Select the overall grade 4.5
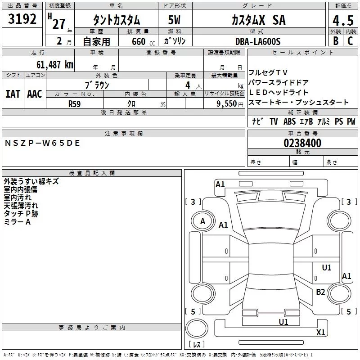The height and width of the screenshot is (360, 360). pos(343,20)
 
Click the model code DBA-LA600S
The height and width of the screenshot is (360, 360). pos(257,41)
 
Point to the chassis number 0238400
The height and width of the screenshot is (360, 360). pos(302,144)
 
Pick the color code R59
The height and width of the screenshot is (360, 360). pos(74,103)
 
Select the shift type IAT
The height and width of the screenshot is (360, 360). pos(13,94)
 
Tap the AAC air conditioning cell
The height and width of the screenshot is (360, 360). pos(35,94)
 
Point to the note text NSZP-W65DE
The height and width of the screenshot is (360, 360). pos(42,143)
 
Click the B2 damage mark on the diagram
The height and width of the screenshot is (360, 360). pos(320,292)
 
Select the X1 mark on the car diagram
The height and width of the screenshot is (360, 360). pos(320,333)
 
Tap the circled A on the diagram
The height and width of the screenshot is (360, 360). pos(202,221)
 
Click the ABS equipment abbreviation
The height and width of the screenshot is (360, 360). pos(289,121)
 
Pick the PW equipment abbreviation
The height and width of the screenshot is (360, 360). pos(351,121)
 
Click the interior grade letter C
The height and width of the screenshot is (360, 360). pos(350,41)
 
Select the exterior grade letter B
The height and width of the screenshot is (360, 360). pos(335,41)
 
